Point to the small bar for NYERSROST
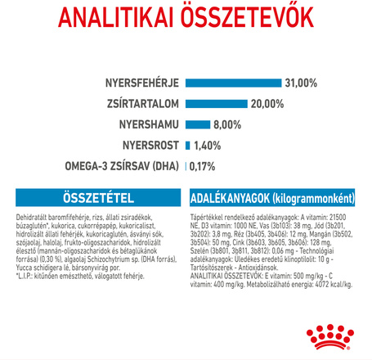click(x=188, y=146)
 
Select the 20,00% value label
click(x=244, y=104)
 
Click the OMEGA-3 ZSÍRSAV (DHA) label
click(x=122, y=167)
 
